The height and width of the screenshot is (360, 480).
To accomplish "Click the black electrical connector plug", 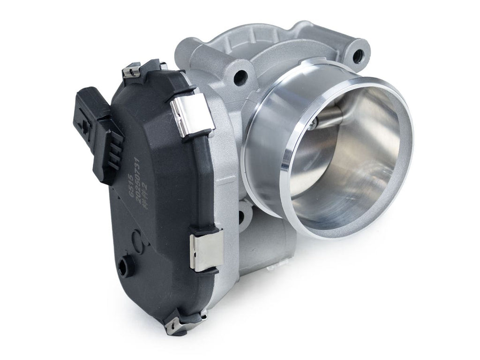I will coord(96,131).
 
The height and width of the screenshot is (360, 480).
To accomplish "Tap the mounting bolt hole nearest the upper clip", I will coord(241,76).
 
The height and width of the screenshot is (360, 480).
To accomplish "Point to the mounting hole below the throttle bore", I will coord(242,216).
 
